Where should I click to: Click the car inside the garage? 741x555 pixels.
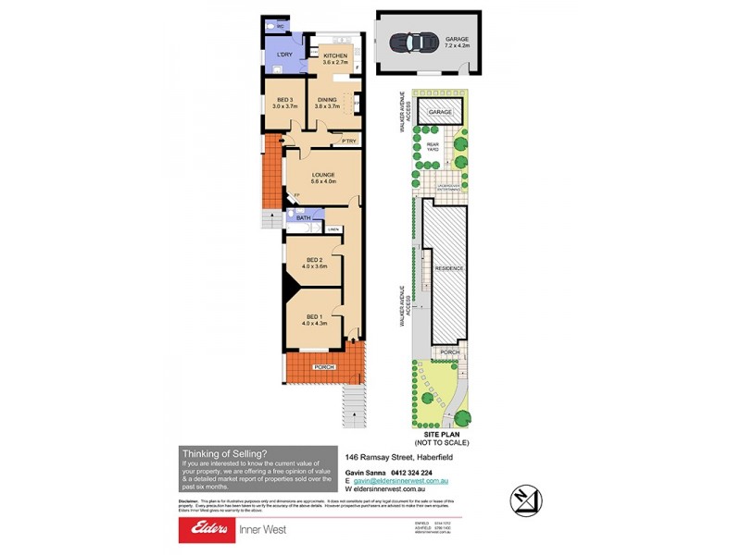(413, 43)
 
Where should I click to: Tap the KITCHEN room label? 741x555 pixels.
(333, 56)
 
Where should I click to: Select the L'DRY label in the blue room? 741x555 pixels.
(283, 56)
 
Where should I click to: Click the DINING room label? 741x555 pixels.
(327, 100)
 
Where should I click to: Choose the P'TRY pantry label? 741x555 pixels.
(348, 141)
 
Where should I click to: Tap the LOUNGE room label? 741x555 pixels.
(322, 174)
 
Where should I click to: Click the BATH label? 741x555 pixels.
(303, 218)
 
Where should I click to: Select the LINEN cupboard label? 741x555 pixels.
(333, 228)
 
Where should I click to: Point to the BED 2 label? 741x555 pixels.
(313, 260)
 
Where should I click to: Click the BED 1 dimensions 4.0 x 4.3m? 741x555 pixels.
(313, 325)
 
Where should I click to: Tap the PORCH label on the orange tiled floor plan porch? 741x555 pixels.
(323, 367)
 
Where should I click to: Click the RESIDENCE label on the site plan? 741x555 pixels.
(450, 268)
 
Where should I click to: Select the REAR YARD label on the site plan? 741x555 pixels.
(432, 146)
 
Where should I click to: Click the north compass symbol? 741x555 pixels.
(526, 500)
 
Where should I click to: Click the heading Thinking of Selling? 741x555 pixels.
(224, 452)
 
